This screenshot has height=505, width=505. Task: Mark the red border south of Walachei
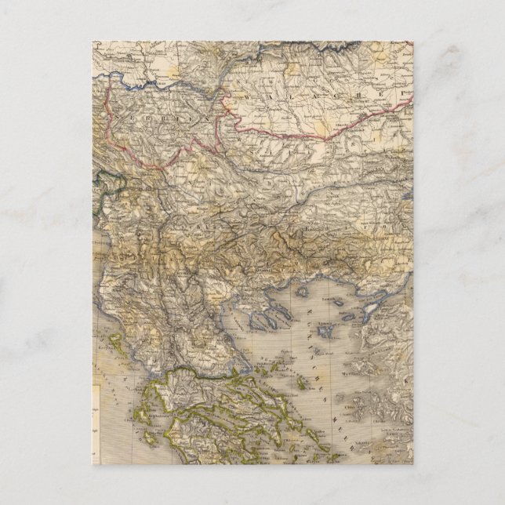[314, 136]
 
